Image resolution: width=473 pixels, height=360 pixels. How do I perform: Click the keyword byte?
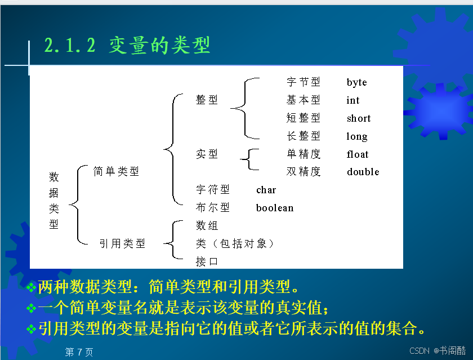[x=356, y=82]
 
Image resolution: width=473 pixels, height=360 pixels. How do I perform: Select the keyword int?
[x=352, y=100]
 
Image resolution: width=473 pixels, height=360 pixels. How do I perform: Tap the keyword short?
[x=359, y=118]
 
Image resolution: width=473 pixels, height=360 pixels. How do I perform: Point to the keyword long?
[x=357, y=137]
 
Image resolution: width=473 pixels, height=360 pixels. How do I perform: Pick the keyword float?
[x=358, y=154]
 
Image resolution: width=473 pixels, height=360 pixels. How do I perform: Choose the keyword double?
[x=363, y=172]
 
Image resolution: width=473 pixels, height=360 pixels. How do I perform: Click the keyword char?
[x=266, y=190]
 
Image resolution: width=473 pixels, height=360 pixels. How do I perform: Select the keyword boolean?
[x=275, y=208]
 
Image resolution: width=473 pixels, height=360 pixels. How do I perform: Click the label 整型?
[x=207, y=100]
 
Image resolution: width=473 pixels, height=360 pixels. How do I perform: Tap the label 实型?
[x=207, y=154]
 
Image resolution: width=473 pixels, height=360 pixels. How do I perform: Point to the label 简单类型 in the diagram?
[x=116, y=171]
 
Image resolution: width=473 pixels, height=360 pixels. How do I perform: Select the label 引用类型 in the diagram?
[x=122, y=243]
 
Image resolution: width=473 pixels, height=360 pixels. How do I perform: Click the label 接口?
[x=207, y=261]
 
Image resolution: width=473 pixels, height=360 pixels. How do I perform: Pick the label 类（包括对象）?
[x=235, y=243]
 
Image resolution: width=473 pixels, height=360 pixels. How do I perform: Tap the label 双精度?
[x=303, y=171]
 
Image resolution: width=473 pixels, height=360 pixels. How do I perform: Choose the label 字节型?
[x=303, y=82]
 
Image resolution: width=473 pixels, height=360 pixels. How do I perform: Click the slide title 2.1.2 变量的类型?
[x=127, y=45]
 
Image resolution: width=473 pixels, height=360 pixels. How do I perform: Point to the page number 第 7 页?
[x=79, y=352]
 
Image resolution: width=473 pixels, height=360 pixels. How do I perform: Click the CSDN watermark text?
[x=438, y=350]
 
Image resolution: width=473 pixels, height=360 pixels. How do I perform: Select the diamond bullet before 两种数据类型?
[x=32, y=287]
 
